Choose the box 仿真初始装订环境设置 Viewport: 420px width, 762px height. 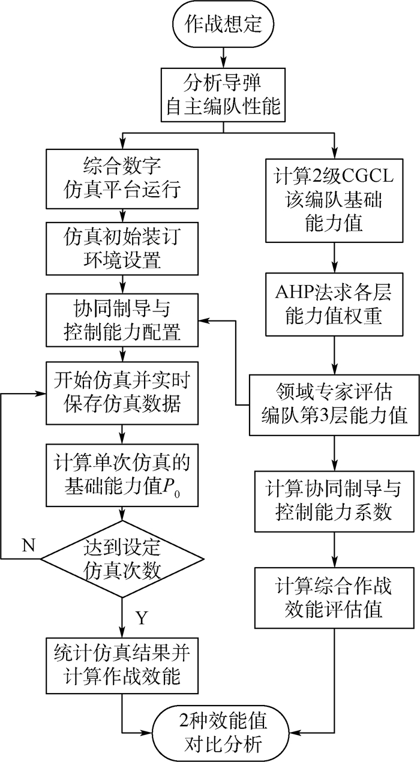[122, 248]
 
